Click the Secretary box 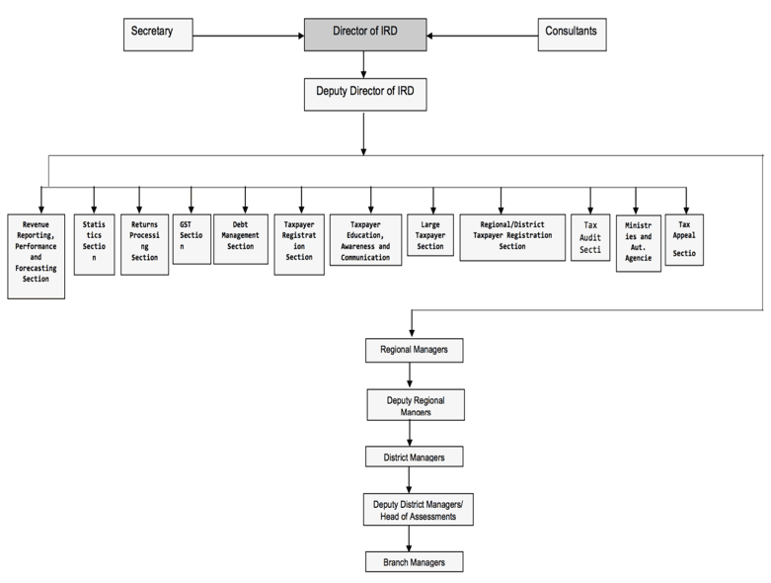click(x=157, y=35)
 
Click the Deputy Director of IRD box click(x=364, y=94)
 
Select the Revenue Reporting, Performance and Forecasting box click(x=36, y=255)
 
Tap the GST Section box click(x=192, y=238)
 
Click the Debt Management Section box click(x=241, y=238)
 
